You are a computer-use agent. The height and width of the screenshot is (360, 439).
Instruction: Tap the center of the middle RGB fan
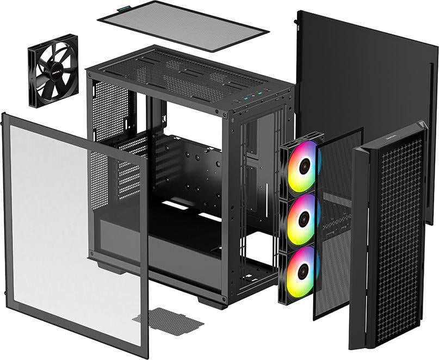302,219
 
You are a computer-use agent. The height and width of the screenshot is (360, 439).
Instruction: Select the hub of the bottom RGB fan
302,271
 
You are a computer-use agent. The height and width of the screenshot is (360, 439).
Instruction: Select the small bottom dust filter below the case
169,319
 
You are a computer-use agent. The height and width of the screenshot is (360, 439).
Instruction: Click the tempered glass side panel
71,228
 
